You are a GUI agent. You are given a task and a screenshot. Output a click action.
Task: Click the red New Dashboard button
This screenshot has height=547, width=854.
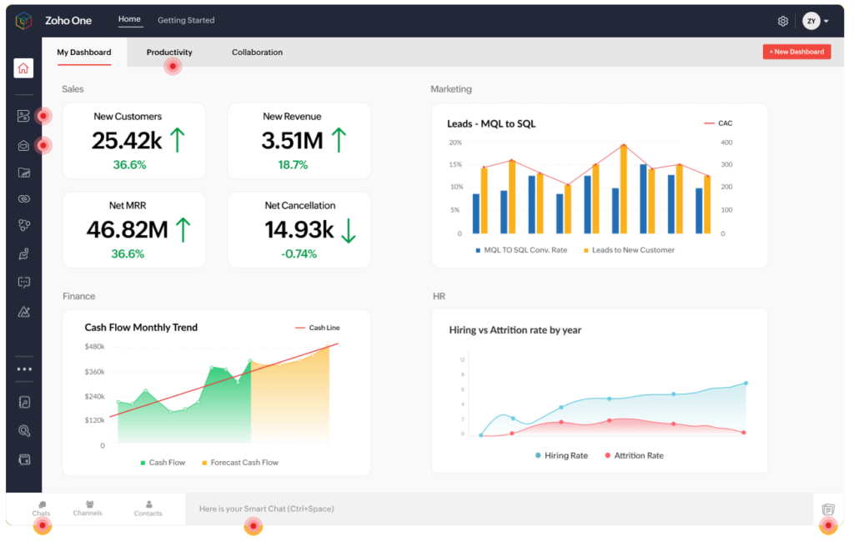click(x=796, y=52)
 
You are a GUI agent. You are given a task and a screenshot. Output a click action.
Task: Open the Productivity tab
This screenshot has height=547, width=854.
click(x=169, y=53)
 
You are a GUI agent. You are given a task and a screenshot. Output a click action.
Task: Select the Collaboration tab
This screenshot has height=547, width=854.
click(x=257, y=53)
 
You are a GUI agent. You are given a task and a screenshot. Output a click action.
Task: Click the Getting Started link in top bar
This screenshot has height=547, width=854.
click(x=186, y=20)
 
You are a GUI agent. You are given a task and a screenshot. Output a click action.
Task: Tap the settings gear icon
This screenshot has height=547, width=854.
click(x=782, y=21)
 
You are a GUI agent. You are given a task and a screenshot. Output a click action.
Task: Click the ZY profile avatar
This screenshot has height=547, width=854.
click(x=811, y=21)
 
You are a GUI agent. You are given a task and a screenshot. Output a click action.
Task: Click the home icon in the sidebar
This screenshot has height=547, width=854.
click(x=23, y=68)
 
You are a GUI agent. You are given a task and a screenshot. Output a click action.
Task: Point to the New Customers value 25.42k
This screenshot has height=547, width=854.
click(x=127, y=141)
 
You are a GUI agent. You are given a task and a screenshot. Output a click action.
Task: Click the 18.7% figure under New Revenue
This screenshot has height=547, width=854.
click(x=293, y=165)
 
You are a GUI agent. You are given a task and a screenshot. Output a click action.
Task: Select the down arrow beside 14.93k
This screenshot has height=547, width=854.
click(x=349, y=230)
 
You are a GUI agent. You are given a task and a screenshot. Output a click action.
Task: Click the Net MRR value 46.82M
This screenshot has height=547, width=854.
click(x=127, y=230)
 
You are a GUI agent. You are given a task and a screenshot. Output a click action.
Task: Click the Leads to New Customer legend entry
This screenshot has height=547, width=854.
click(x=632, y=250)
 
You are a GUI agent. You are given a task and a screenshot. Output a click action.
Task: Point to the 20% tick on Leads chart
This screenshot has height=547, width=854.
click(x=455, y=143)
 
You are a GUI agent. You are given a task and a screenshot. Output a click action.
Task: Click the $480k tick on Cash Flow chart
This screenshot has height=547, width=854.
click(x=94, y=347)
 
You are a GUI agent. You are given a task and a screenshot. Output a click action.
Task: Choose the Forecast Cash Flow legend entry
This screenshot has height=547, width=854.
click(x=244, y=463)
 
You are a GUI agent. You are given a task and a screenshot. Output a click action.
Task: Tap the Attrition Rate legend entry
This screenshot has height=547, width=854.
click(x=638, y=456)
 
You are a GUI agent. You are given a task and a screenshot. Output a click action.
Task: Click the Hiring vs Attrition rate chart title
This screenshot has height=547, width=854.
click(x=515, y=330)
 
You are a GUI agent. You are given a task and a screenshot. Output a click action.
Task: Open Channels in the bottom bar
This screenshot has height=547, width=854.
click(x=88, y=508)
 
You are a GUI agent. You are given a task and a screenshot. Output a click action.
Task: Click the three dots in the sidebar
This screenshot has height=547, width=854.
click(x=24, y=369)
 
